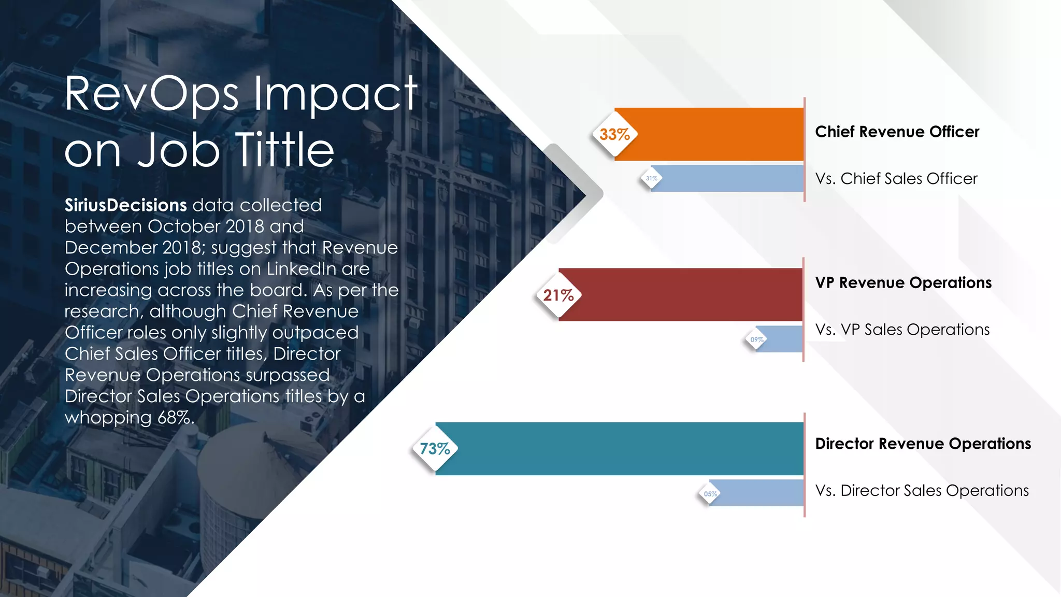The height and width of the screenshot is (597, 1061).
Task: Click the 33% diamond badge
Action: [x=614, y=135]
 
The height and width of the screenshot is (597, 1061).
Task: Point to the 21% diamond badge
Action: [x=558, y=295]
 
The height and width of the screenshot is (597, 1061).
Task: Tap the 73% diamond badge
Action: [x=435, y=449]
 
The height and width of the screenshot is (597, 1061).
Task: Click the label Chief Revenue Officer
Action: [x=897, y=132]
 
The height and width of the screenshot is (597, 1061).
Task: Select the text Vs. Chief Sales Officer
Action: [x=896, y=179]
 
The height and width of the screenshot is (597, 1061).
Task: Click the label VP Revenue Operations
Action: [x=903, y=283]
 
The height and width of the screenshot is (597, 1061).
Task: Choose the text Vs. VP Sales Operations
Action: [x=902, y=330]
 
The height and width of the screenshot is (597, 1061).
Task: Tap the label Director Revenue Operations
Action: [x=923, y=444]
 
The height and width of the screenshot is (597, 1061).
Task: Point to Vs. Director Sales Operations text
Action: [x=922, y=490]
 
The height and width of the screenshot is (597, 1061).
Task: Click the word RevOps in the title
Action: [x=151, y=94]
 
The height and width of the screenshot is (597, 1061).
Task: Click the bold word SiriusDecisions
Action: [x=125, y=205]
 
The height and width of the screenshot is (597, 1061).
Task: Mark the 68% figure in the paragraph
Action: [x=176, y=418]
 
